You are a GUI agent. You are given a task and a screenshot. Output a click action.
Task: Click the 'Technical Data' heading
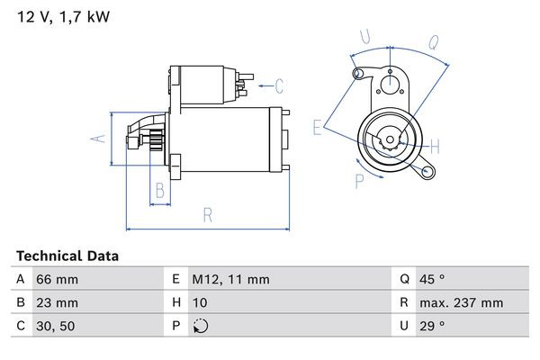[67, 256]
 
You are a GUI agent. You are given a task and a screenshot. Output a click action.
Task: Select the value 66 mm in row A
[56, 280]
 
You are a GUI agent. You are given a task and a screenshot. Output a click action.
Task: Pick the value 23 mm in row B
[56, 303]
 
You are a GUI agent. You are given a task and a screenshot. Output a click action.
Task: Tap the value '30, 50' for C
[56, 327]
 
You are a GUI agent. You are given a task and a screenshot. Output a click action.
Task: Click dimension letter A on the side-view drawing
[100, 138]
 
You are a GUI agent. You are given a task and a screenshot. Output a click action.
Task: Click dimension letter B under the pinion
[158, 190]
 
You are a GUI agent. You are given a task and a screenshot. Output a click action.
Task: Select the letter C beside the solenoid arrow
[279, 86]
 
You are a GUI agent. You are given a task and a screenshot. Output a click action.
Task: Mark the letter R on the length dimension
[207, 214]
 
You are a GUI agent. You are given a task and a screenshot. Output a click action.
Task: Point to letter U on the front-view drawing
[364, 37]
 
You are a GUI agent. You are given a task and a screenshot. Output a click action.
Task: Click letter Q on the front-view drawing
[432, 40]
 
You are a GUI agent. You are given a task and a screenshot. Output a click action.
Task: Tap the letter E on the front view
[318, 129]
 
